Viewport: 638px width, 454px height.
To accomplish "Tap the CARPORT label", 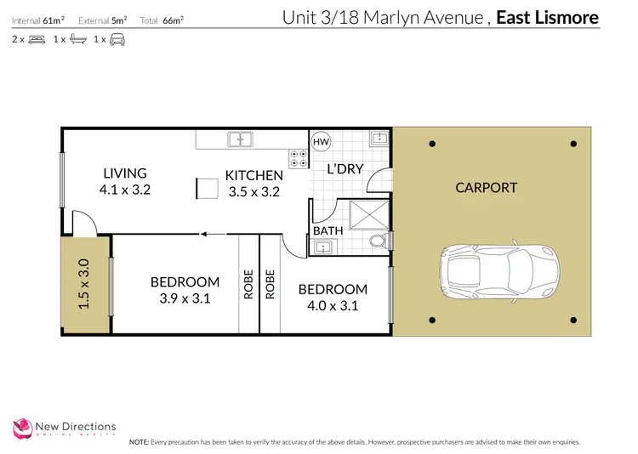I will click(486, 188).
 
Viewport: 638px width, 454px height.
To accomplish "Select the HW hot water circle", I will click(321, 142).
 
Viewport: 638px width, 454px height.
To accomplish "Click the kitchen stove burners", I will click(299, 157).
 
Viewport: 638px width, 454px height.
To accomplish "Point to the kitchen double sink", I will click(240, 139).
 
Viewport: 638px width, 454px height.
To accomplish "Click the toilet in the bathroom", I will click(380, 244).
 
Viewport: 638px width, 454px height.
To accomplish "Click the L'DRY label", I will click(345, 169).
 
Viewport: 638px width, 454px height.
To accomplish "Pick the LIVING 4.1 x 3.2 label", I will click(125, 182).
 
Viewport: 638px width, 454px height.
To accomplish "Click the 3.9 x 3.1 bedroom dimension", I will click(185, 298).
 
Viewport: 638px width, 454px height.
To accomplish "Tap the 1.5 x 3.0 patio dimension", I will click(83, 284).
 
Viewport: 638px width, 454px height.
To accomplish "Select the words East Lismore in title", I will click(547, 18).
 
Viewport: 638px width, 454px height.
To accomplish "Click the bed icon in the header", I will click(37, 39).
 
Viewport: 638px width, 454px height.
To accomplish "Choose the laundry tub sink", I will click(378, 140).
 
